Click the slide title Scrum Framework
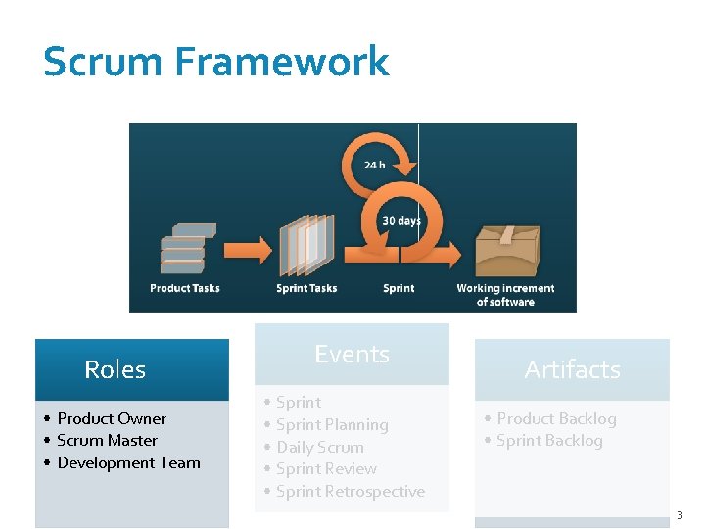coord(215,62)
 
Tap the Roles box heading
coord(115,369)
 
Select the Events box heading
coord(352,354)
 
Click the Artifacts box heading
coord(572,369)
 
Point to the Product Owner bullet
coord(112,418)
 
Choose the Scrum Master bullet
coord(107,441)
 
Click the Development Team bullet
coord(128,462)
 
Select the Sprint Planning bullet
coord(332,424)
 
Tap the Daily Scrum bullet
coord(319,447)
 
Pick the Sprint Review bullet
coord(326,468)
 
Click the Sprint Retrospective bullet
coord(350,491)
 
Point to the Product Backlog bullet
coord(556,418)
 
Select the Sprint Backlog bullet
coord(549,441)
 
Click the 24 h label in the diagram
coord(374,165)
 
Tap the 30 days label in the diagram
coord(401,221)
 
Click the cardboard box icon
coord(506,250)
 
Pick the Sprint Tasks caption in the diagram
coord(306,288)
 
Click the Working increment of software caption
coord(505,295)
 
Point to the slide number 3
coord(679,515)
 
